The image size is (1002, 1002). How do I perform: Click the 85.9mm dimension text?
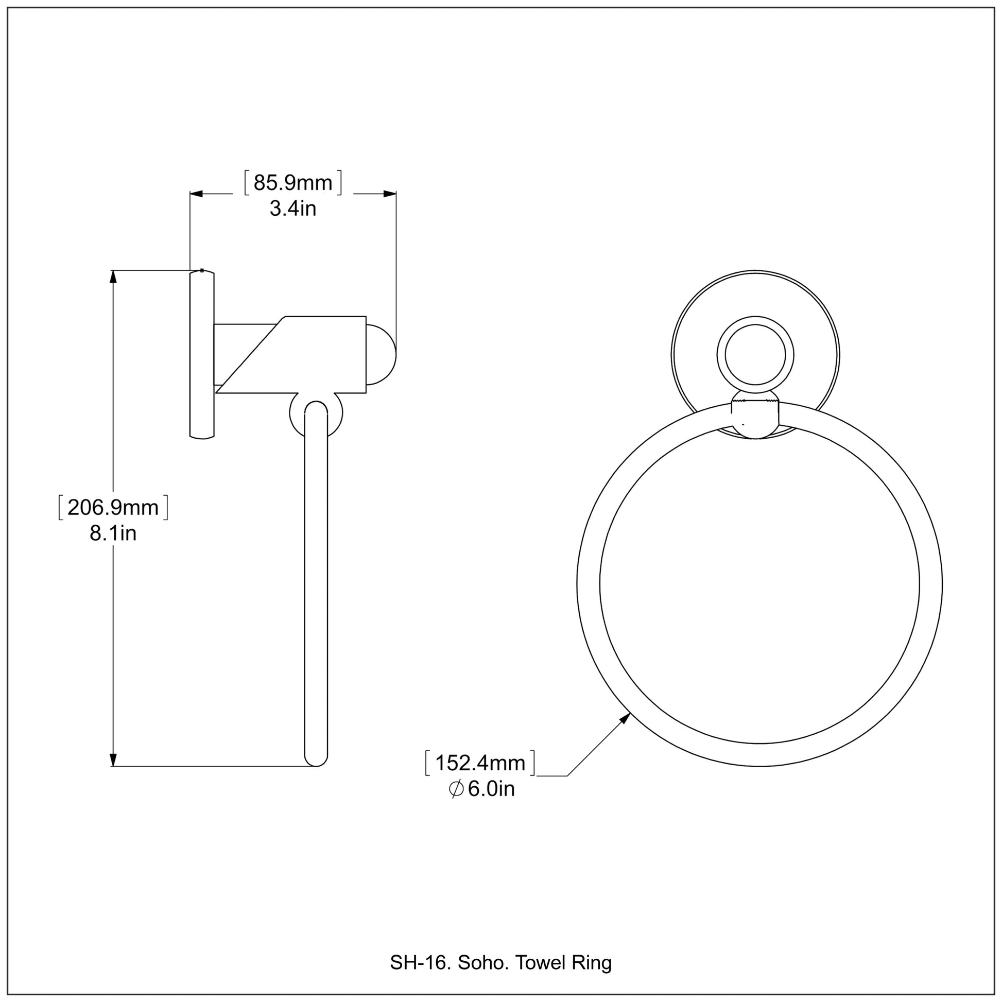point(292,184)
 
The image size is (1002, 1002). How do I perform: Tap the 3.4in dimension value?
point(292,209)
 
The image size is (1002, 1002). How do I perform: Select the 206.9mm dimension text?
point(113,508)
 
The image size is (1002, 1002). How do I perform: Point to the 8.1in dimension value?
point(113,533)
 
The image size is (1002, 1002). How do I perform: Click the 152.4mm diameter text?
point(480,764)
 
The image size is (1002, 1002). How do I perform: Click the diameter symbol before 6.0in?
point(456,789)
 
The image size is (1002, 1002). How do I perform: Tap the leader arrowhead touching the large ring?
point(626,718)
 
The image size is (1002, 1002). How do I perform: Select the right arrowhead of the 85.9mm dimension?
point(389,194)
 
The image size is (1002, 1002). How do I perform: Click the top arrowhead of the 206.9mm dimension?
point(113,277)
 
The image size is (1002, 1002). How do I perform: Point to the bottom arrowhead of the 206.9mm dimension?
point(113,759)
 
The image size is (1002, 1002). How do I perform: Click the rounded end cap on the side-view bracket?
point(382,355)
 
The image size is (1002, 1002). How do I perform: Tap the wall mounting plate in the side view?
point(202,355)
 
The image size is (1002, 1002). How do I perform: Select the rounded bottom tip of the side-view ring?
point(316,761)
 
